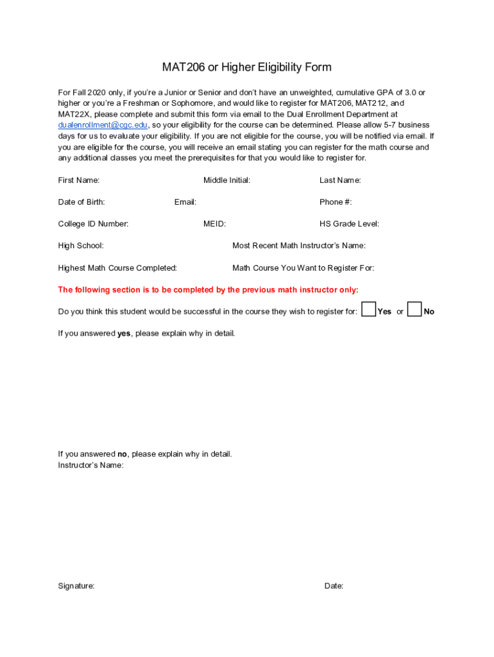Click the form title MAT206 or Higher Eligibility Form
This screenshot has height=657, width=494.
coord(246,67)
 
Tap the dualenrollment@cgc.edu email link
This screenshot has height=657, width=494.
coord(103,125)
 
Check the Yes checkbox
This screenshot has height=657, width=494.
coord(369,310)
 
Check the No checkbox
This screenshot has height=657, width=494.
coord(414,310)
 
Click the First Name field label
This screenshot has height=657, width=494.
coord(79,180)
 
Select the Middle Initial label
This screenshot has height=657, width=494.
coord(226,180)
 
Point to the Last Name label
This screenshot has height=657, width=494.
coord(340,180)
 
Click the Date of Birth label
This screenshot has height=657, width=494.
coord(81,202)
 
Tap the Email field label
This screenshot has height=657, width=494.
coord(185,202)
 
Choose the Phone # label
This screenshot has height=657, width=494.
coord(336,202)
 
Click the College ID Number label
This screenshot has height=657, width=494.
coord(93,224)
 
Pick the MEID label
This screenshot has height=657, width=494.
coord(214,224)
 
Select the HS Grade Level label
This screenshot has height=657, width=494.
coord(349,224)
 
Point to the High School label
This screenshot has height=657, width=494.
coord(81,246)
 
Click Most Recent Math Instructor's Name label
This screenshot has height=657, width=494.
coord(299,246)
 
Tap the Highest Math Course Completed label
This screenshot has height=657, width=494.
coord(117,268)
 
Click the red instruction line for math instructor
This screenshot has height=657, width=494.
coord(208,290)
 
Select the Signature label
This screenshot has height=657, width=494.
coord(76,586)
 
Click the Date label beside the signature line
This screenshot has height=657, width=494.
coord(334,586)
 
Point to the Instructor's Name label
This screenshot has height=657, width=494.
coord(90,465)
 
